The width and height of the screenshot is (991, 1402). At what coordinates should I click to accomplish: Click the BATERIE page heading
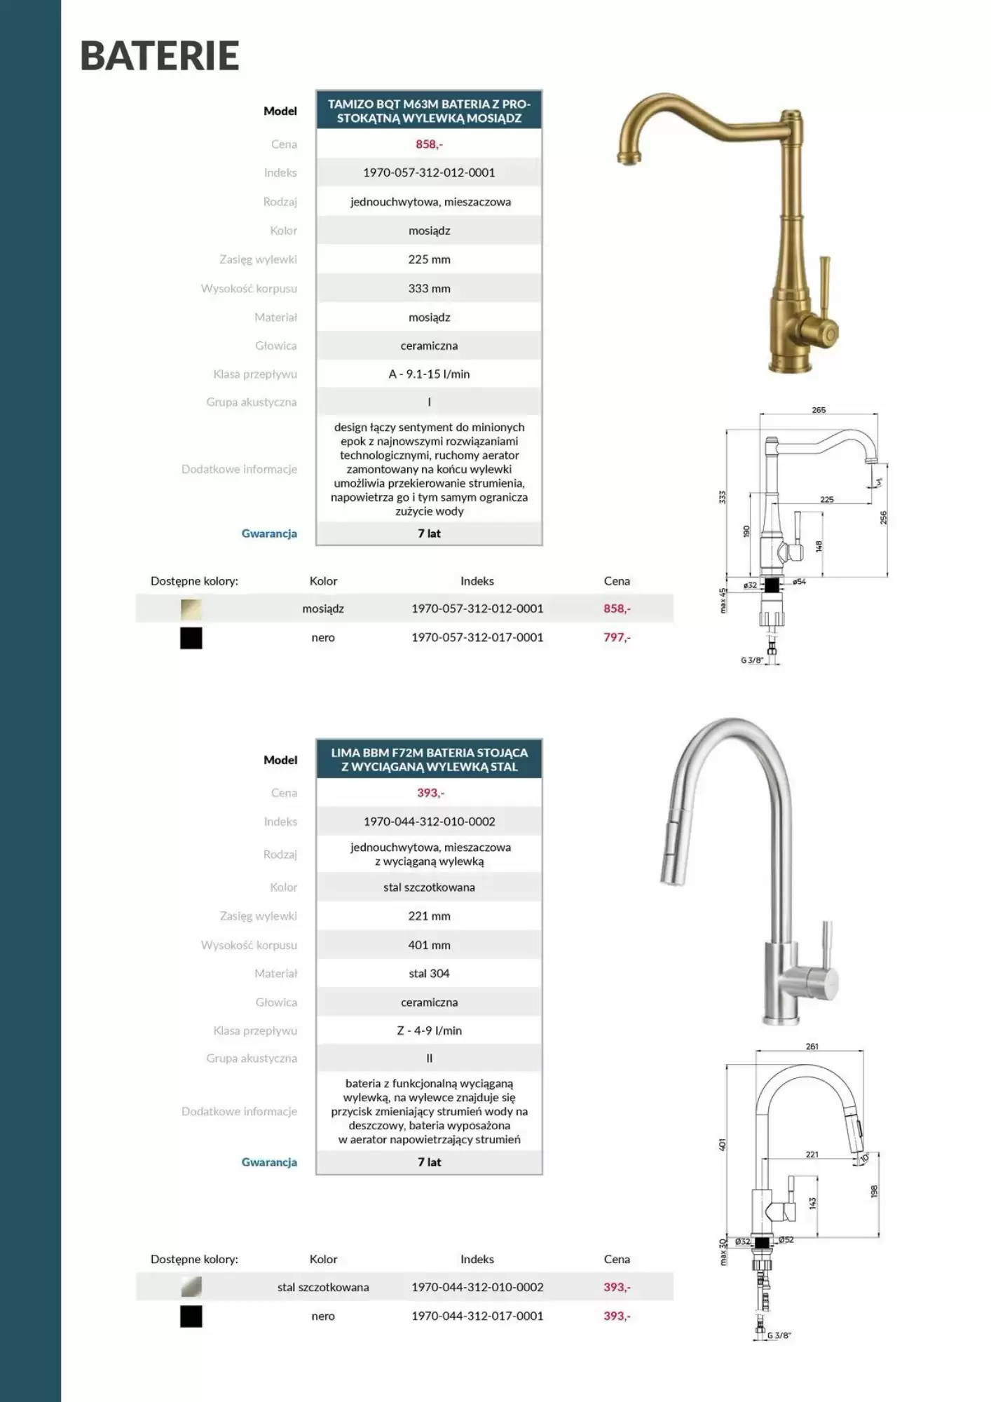(x=160, y=56)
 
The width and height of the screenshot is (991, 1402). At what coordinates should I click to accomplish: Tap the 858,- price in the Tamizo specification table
(x=429, y=144)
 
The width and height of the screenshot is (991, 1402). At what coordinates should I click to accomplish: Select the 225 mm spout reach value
(x=429, y=259)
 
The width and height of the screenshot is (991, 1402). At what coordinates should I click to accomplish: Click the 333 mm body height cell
(x=429, y=288)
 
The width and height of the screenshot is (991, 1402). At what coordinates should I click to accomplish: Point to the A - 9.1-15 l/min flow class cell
(x=429, y=374)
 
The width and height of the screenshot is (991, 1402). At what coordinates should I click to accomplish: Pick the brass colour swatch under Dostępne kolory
(x=191, y=609)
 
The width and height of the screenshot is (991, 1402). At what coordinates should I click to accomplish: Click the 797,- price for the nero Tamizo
(x=617, y=637)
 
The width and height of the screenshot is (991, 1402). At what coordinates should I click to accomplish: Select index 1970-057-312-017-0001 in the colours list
(x=477, y=637)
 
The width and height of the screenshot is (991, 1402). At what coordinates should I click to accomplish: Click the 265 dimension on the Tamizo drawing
(x=819, y=410)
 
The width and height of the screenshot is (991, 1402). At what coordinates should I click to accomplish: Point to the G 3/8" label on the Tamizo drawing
(x=751, y=660)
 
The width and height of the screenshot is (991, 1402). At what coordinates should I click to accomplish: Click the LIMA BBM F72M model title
(x=429, y=760)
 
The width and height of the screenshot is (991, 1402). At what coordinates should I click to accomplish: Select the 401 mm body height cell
(x=429, y=945)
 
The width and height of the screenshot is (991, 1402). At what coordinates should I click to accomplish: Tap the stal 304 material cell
(x=429, y=974)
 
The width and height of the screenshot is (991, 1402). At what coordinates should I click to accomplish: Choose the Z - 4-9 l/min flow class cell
(x=429, y=1030)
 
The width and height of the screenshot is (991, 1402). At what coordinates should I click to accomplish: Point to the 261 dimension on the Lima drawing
(x=812, y=1047)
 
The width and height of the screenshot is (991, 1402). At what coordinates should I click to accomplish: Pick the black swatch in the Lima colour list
(x=191, y=1316)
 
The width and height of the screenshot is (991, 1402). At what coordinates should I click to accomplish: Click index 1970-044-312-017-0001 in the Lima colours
(x=477, y=1316)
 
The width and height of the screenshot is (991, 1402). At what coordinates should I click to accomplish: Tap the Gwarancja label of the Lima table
(x=269, y=1162)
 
